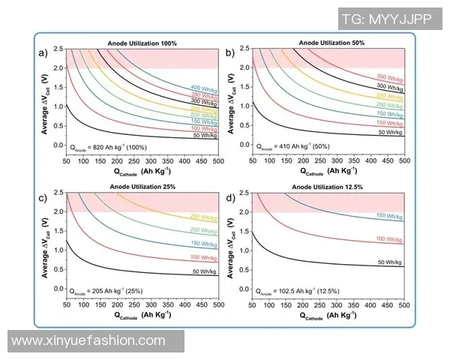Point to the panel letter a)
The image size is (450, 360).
43,52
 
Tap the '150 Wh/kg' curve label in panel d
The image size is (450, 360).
388,215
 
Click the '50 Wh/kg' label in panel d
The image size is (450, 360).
389,262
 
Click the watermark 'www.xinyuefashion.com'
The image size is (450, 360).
88,341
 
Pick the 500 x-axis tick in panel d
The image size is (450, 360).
404,307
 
